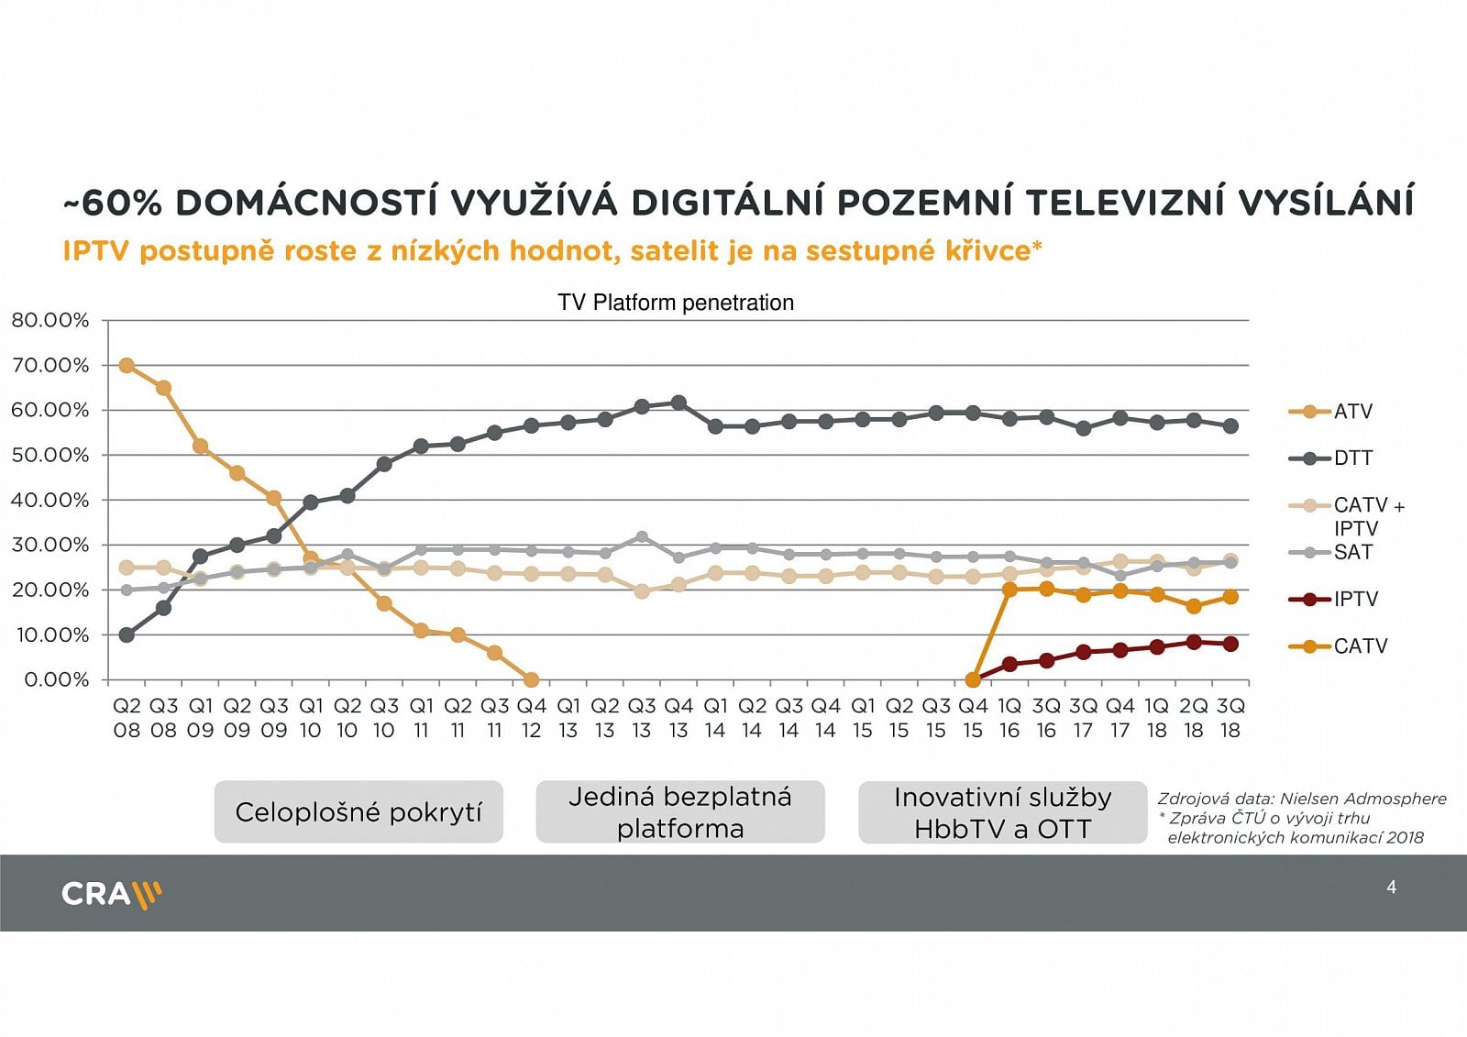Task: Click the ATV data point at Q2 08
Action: tap(127, 366)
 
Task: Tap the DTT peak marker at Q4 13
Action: tap(678, 403)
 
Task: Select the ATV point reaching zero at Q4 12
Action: tap(531, 679)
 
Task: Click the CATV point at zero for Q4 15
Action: tap(973, 679)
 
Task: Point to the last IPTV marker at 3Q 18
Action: tap(1230, 644)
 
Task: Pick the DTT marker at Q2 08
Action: tap(127, 634)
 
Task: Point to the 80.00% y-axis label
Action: tap(50, 320)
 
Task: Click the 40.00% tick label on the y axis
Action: tap(50, 500)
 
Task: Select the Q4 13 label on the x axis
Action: tap(678, 718)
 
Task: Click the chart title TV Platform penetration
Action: tap(676, 303)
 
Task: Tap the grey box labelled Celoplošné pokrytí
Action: tap(358, 811)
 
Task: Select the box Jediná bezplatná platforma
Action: tap(679, 811)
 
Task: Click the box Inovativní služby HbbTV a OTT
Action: tap(1002, 811)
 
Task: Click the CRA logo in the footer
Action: tap(111, 894)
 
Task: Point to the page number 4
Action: tap(1391, 888)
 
